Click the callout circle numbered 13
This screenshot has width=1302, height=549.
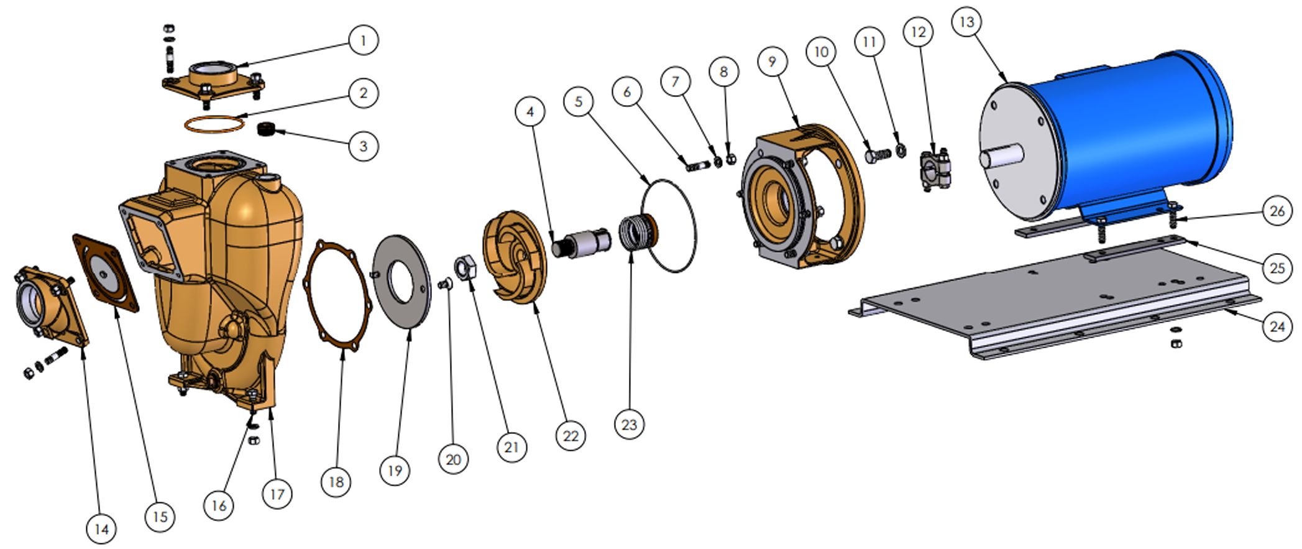[x=966, y=23]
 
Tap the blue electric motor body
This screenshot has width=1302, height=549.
[x=1131, y=131]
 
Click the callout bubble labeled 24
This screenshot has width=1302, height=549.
[x=1277, y=326]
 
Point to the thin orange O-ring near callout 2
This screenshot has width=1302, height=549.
[x=213, y=124]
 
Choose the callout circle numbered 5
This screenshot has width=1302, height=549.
[x=579, y=101]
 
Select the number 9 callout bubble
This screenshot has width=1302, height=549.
[x=772, y=62]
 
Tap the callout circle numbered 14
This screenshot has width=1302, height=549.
[x=101, y=529]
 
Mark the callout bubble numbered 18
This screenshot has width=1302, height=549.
[x=336, y=482]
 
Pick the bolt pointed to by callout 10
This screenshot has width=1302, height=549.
[x=877, y=154]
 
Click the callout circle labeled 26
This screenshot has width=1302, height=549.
[x=1277, y=211]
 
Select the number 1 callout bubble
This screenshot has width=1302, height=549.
[x=363, y=41]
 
